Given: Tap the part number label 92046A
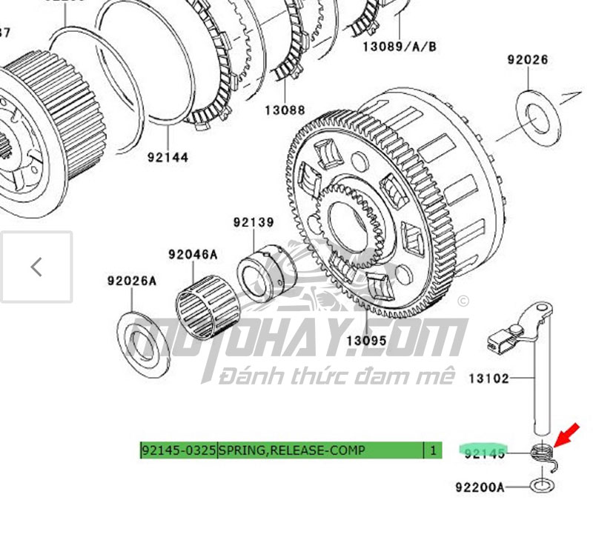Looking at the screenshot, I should point(193,255).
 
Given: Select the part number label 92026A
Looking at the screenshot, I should point(132,281).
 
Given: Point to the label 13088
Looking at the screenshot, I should point(285,110).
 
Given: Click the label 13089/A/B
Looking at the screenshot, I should point(400,47).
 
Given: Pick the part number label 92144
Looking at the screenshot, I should point(168,157).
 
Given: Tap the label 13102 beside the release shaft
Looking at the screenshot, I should point(488,379).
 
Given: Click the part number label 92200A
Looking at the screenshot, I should point(480,487).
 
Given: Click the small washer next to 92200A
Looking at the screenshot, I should point(543,486).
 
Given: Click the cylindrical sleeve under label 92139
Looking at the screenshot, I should point(265,274).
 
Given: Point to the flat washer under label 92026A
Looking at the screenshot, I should point(142,343).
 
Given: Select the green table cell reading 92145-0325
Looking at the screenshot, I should point(179,450).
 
